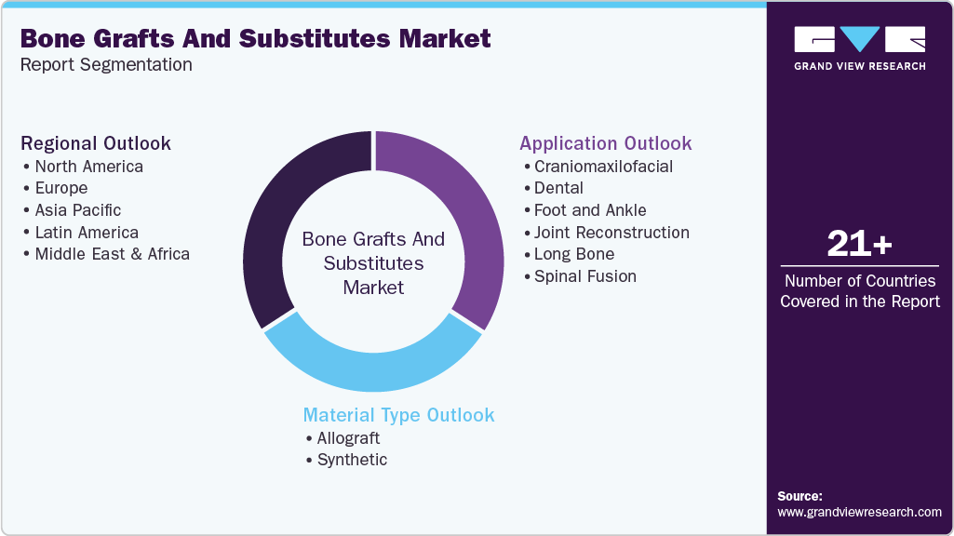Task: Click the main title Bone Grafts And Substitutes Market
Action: (255, 38)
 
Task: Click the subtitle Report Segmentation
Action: (106, 65)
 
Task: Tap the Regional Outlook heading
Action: (96, 143)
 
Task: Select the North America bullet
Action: (88, 167)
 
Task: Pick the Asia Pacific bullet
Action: (77, 210)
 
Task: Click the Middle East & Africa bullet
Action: (112, 254)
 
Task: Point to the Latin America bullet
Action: (87, 233)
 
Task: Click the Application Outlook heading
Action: (605, 143)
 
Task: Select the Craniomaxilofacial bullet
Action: (603, 167)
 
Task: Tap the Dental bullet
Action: (558, 188)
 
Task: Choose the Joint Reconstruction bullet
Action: (611, 233)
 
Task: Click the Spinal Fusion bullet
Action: (584, 276)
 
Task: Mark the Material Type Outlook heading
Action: (398, 415)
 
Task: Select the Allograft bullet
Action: (348, 438)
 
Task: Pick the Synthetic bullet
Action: (352, 460)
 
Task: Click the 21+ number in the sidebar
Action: (859, 245)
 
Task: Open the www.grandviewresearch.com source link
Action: (859, 512)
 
